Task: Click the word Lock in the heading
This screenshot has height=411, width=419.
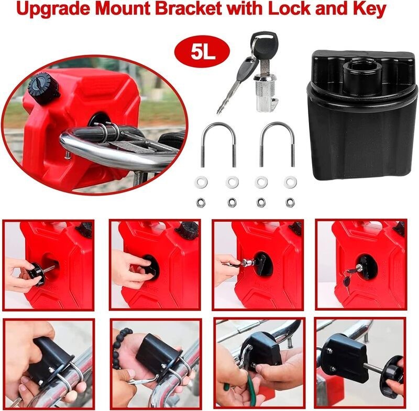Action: point(283,10)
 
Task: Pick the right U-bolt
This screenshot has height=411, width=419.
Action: point(277,143)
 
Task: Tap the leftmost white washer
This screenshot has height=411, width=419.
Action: point(199,182)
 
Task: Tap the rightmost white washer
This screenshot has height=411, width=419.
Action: point(290,182)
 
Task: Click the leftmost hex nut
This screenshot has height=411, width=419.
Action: point(200,201)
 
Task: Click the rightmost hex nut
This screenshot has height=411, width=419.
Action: point(290,201)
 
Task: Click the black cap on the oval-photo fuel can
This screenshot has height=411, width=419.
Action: point(43,87)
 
